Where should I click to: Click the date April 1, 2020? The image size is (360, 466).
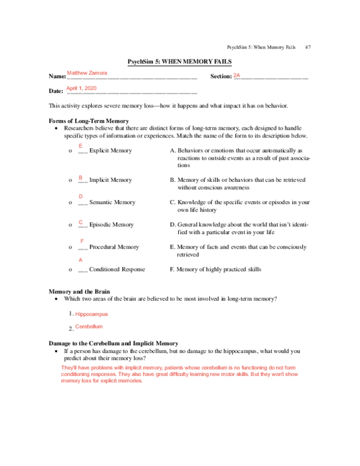click(x=81, y=88)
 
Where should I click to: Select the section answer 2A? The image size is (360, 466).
click(x=237, y=75)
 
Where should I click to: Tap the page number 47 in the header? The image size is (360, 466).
click(x=308, y=47)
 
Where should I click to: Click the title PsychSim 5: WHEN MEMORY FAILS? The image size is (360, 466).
click(x=179, y=62)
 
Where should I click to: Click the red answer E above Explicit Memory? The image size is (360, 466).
click(x=81, y=146)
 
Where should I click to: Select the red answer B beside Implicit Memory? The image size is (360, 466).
click(x=80, y=178)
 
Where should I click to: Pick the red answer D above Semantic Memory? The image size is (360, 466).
click(x=81, y=196)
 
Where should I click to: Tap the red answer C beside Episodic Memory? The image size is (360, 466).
click(x=80, y=222)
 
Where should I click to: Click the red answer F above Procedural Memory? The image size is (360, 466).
click(x=82, y=241)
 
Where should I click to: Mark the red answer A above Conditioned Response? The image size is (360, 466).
click(x=81, y=260)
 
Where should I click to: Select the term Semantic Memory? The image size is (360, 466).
click(x=112, y=202)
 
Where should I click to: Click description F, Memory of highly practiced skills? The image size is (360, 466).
click(x=215, y=270)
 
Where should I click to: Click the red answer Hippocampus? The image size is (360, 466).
click(x=91, y=313)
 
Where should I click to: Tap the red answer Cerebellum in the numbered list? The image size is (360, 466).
click(x=89, y=327)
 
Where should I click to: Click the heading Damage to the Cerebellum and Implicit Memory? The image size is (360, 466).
click(x=113, y=343)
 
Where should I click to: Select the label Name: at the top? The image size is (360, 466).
click(x=56, y=77)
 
